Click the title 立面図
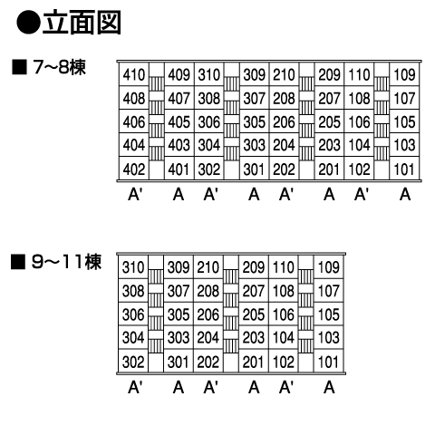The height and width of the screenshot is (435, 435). tap(82, 23)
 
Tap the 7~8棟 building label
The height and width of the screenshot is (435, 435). tap(60, 67)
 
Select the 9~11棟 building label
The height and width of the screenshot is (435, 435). tap(66, 262)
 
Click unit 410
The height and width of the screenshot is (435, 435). tap(134, 74)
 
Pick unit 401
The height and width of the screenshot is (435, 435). tap(179, 169)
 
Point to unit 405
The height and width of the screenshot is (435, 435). tap(179, 122)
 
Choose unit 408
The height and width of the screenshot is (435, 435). tap(134, 98)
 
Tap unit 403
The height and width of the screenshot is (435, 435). tap(179, 145)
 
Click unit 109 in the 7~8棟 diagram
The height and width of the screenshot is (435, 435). tap(404, 74)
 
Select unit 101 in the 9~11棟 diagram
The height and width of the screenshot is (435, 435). tap(329, 362)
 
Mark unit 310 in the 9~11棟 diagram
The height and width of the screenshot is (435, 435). tap(133, 267)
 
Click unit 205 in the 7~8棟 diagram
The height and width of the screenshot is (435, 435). tap(329, 122)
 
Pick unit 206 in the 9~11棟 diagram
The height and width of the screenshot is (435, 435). tap(208, 314)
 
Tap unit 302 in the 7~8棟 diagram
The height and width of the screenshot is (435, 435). tap(209, 169)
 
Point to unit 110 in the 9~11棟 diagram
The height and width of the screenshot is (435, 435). tap(284, 267)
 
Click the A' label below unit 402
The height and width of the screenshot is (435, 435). tap(135, 194)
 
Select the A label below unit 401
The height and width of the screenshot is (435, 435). tap(179, 194)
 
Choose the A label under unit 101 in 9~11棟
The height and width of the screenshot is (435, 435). tap(329, 387)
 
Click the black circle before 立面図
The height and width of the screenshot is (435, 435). tap(28, 23)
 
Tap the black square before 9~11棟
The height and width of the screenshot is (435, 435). tap(18, 262)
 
